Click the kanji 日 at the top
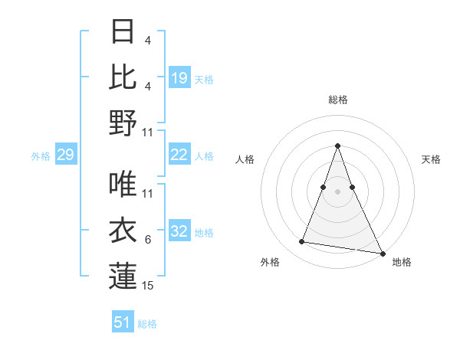coord(123,32)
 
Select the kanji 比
coord(123,77)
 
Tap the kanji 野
coord(123,123)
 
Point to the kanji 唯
coord(123,185)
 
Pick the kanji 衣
coord(123,231)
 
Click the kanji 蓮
coord(123,276)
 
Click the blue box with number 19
coord(179,78)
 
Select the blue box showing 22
coord(179,155)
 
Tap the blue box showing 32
coord(179,232)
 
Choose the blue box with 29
coord(65,155)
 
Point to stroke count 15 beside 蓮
coord(148,286)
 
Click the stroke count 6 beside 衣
coord(148,240)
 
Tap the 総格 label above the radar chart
coord(337,100)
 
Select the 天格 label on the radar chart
coord(431,159)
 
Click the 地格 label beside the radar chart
coord(402,262)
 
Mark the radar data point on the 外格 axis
coord(302,242)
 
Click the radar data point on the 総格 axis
coord(337,146)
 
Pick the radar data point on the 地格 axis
coord(383,253)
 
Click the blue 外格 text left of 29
coord(41,156)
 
